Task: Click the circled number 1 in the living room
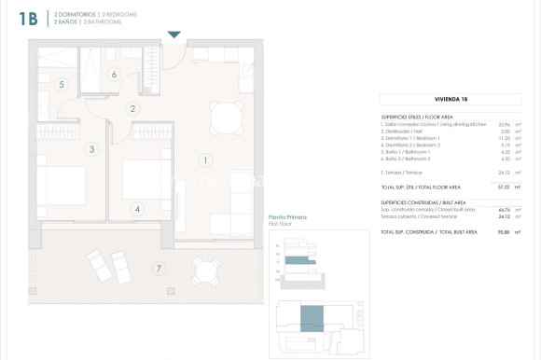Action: [x=205, y=159]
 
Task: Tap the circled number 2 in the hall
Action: [x=132, y=109]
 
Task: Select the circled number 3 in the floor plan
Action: [x=91, y=148]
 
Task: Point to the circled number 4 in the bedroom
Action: [x=137, y=209]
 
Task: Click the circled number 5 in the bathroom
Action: [x=61, y=85]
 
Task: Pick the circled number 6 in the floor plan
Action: [x=114, y=75]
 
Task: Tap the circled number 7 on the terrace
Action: [x=159, y=270]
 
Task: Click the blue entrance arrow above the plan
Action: [x=173, y=35]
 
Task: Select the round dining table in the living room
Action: [x=227, y=118]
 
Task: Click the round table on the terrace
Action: [x=206, y=271]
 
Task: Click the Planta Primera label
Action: [x=286, y=217]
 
